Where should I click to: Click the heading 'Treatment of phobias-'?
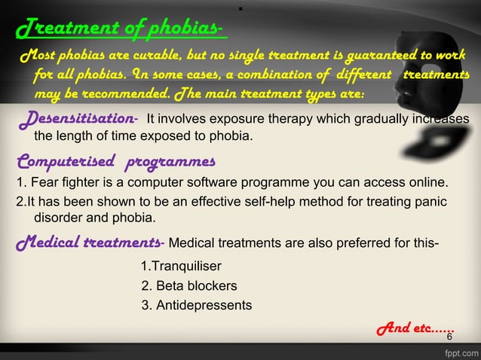click(119, 29)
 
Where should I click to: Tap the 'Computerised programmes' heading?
click(115, 161)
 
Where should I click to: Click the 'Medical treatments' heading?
click(87, 242)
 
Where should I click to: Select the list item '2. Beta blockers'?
click(189, 286)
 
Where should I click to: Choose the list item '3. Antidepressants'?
click(197, 305)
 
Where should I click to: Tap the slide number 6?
click(449, 337)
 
